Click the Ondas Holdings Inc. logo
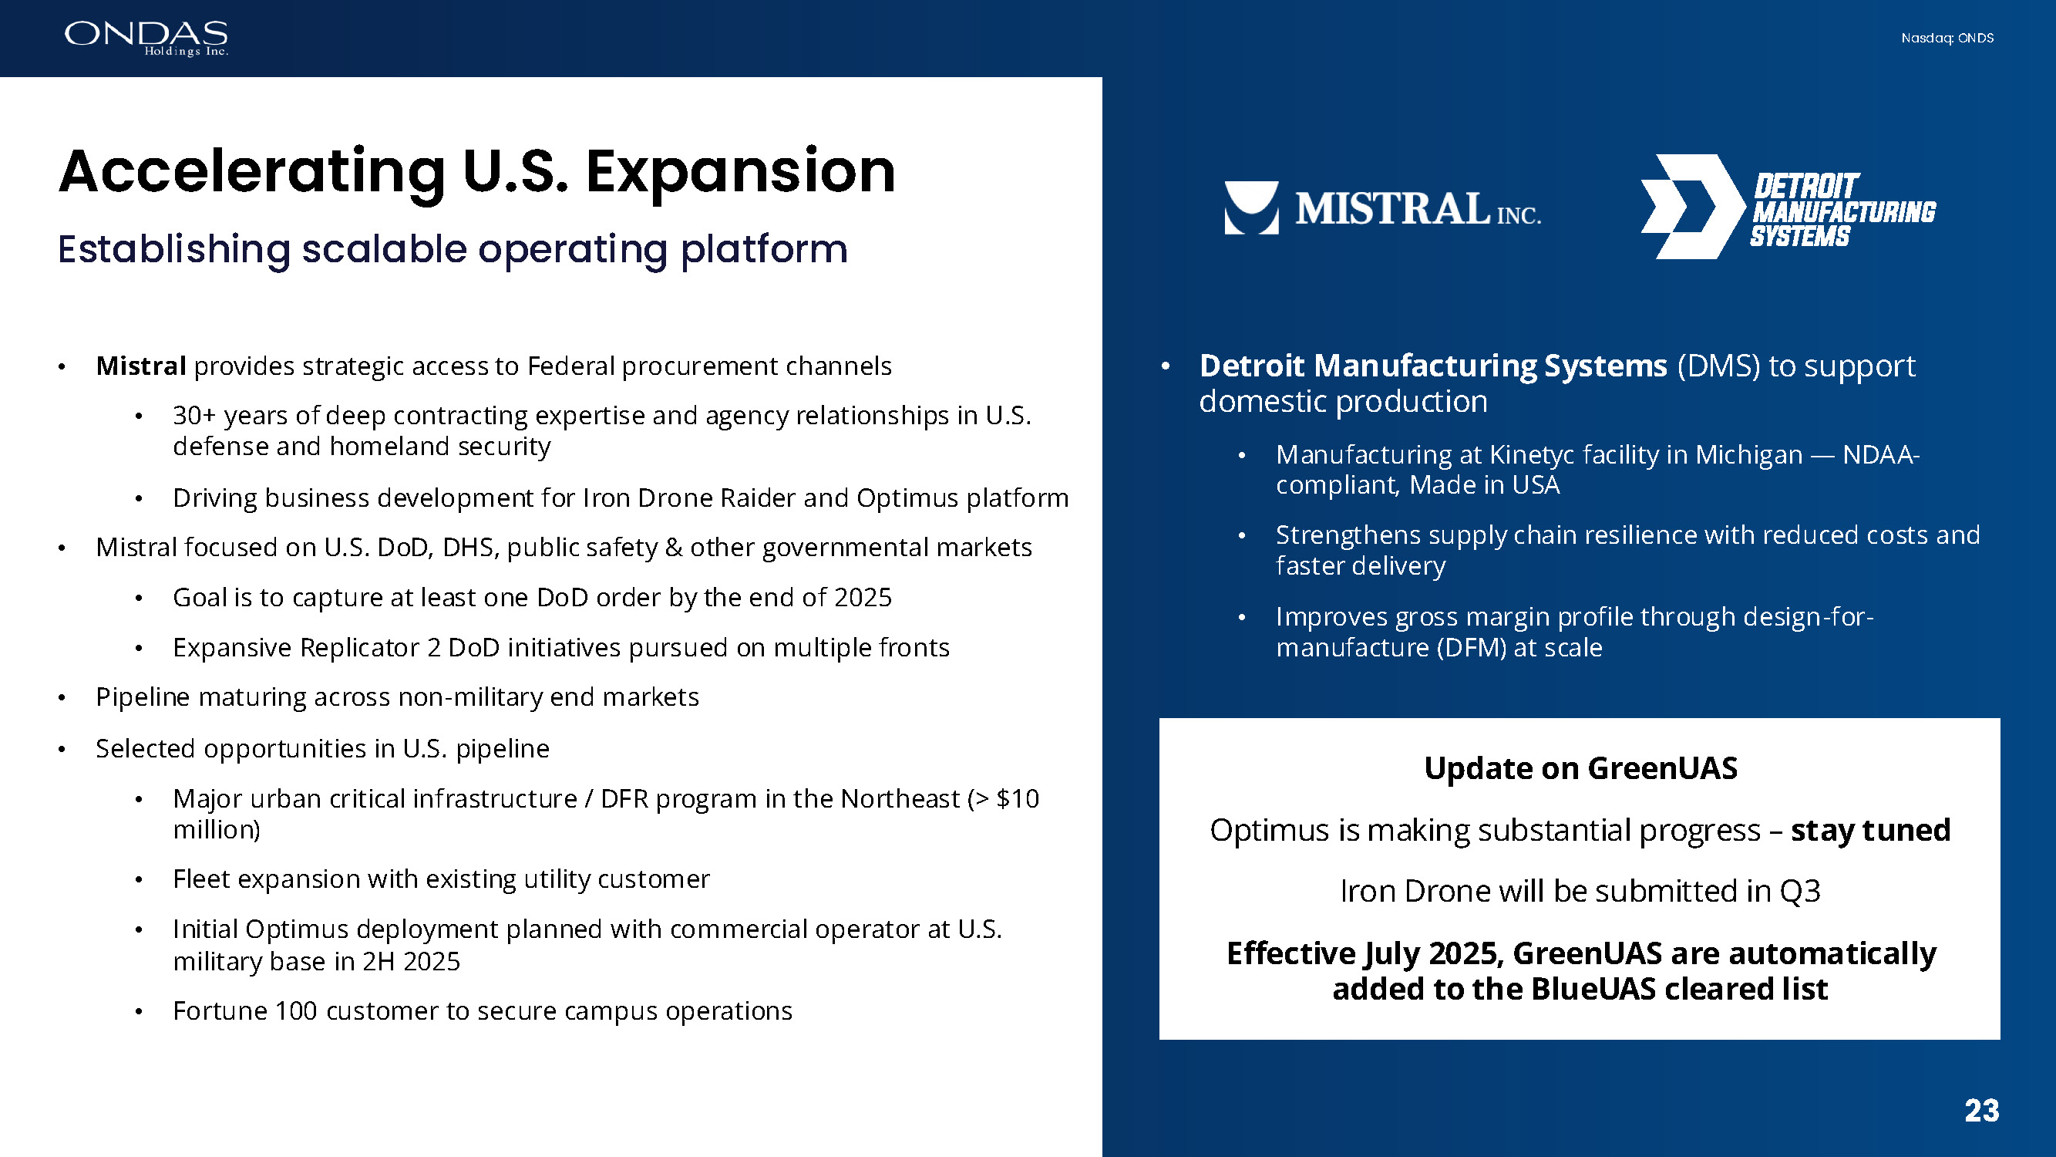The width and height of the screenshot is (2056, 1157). pyautogui.click(x=146, y=39)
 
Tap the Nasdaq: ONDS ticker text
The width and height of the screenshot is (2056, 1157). pyautogui.click(x=1947, y=39)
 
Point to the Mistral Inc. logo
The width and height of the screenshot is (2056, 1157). pyautogui.click(x=1382, y=208)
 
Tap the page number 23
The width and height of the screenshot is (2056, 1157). pyautogui.click(x=1982, y=1111)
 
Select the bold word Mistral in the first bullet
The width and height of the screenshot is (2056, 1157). pyautogui.click(x=141, y=366)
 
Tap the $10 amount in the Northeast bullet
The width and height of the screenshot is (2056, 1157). pyautogui.click(x=1018, y=798)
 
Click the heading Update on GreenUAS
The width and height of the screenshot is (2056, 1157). pyautogui.click(x=1580, y=768)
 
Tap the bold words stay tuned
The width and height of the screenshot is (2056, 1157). pyautogui.click(x=1871, y=831)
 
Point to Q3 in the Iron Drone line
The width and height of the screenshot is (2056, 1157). pyautogui.click(x=1800, y=891)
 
